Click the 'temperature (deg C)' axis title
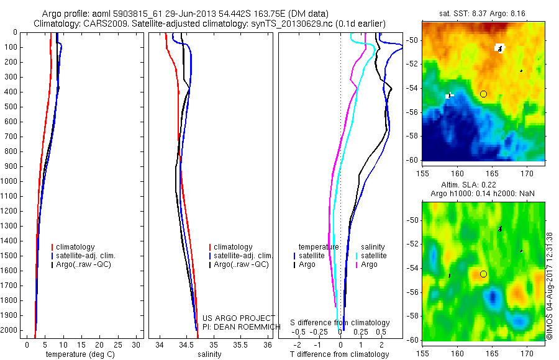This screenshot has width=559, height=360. click(78, 354)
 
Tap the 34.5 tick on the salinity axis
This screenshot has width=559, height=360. click(186, 344)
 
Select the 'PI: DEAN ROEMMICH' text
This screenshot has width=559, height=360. click(239, 327)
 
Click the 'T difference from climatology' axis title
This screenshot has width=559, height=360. click(340, 354)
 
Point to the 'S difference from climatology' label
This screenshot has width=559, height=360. click(340, 323)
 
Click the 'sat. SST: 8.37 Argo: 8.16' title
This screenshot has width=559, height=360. click(483, 14)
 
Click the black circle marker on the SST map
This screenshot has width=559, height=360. click(483, 94)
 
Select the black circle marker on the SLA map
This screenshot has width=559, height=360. click(483, 274)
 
